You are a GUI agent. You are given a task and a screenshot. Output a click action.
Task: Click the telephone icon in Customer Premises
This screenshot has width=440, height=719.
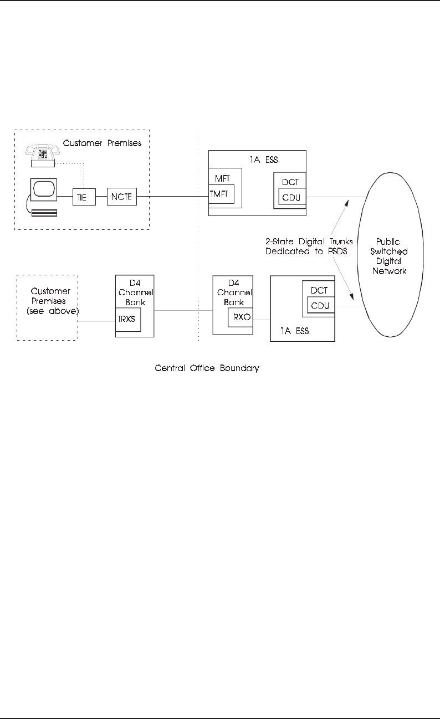pyautogui.click(x=42, y=155)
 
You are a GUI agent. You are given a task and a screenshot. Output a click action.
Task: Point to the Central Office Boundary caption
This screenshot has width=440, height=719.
pyautogui.click(x=206, y=367)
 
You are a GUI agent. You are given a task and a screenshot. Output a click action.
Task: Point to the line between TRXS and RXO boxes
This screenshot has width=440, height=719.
pyautogui.click(x=183, y=311)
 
